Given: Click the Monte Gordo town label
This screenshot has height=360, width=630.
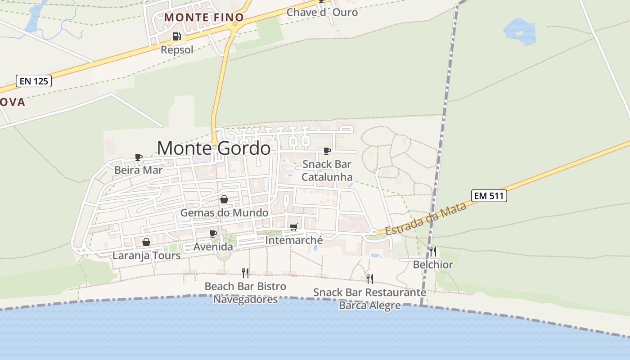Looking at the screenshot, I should click(x=214, y=148).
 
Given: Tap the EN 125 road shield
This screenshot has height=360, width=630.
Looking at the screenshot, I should click(x=34, y=81).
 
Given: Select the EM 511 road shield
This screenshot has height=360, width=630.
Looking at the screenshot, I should click(x=489, y=196).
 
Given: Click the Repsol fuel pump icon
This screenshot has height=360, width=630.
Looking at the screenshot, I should click(x=176, y=36).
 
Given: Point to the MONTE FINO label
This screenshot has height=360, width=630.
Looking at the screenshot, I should click(x=204, y=18).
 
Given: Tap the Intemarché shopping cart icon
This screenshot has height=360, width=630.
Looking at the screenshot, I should click(x=294, y=227).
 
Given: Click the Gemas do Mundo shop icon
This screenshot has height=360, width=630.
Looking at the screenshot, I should click(x=224, y=199).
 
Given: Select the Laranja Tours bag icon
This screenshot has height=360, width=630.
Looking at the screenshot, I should click(x=146, y=243).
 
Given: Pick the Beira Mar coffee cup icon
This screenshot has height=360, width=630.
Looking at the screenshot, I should click(x=139, y=157).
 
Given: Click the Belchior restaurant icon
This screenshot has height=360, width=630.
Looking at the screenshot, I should click(x=432, y=251).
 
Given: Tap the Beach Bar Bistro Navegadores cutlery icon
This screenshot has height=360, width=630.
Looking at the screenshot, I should click(x=245, y=273).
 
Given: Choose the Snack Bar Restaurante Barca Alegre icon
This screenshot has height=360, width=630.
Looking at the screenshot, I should click(x=369, y=279).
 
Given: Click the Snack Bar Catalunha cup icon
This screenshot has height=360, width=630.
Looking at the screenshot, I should click(x=327, y=151).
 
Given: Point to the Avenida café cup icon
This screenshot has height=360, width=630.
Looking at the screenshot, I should click(x=213, y=234).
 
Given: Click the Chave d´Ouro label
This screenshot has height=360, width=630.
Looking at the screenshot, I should click(x=322, y=13).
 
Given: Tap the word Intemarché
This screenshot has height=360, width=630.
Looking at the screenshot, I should click(x=294, y=240).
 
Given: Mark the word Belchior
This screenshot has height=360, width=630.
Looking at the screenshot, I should click(x=433, y=265).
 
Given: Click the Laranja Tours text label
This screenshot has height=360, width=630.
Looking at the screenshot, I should click(x=146, y=256).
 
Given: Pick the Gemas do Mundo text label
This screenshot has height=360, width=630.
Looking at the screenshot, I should click(x=224, y=212).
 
